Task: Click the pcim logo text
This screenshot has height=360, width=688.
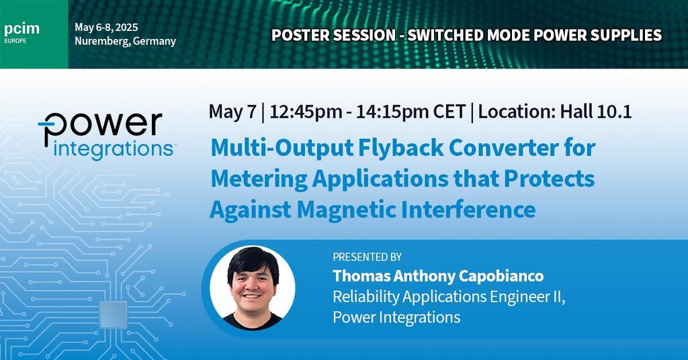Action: [21, 30]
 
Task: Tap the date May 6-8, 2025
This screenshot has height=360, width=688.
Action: [106, 27]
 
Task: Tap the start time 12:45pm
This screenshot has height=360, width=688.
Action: [306, 111]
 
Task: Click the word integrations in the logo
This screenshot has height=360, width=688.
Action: [113, 150]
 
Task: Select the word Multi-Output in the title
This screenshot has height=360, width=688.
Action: [282, 148]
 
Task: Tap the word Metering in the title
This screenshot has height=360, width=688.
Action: [259, 179]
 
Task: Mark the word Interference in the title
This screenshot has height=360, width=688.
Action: [468, 209]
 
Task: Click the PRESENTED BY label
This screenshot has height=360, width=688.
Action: [368, 257]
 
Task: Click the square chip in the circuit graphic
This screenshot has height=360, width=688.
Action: [113, 314]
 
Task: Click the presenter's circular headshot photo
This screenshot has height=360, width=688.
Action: [253, 288]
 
